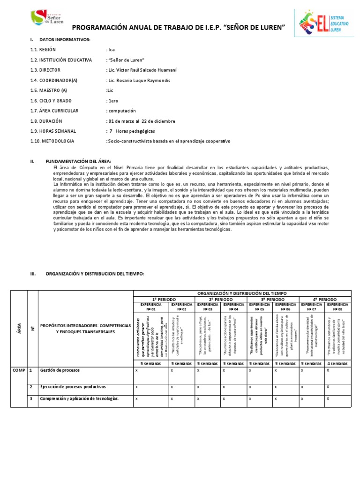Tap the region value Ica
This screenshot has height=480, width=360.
pyautogui.click(x=111, y=49)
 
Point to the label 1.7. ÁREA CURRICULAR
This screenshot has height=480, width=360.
pyautogui.click(x=54, y=111)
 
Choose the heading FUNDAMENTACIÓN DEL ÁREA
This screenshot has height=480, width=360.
pyautogui.click(x=78, y=161)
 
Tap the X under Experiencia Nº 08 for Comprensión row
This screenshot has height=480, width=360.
pyautogui.click(x=328, y=398)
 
